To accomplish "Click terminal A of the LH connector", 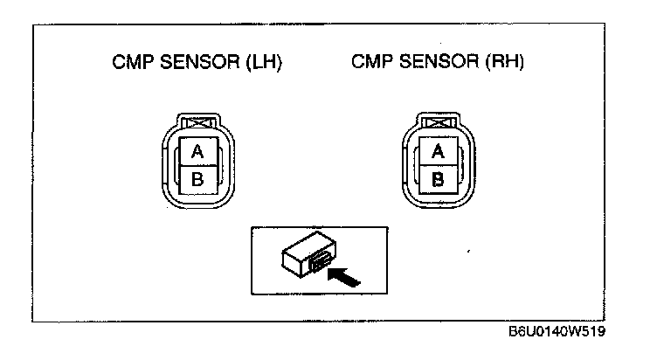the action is click(x=197, y=152).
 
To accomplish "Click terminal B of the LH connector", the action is click(x=197, y=181).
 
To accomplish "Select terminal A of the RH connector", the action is click(x=439, y=152).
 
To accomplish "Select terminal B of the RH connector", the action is click(x=439, y=181).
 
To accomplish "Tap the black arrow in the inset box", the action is click(x=345, y=277).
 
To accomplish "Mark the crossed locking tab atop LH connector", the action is click(x=197, y=124).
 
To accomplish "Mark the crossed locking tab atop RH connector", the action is click(x=439, y=124).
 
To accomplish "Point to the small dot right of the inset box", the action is click(x=470, y=253).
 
